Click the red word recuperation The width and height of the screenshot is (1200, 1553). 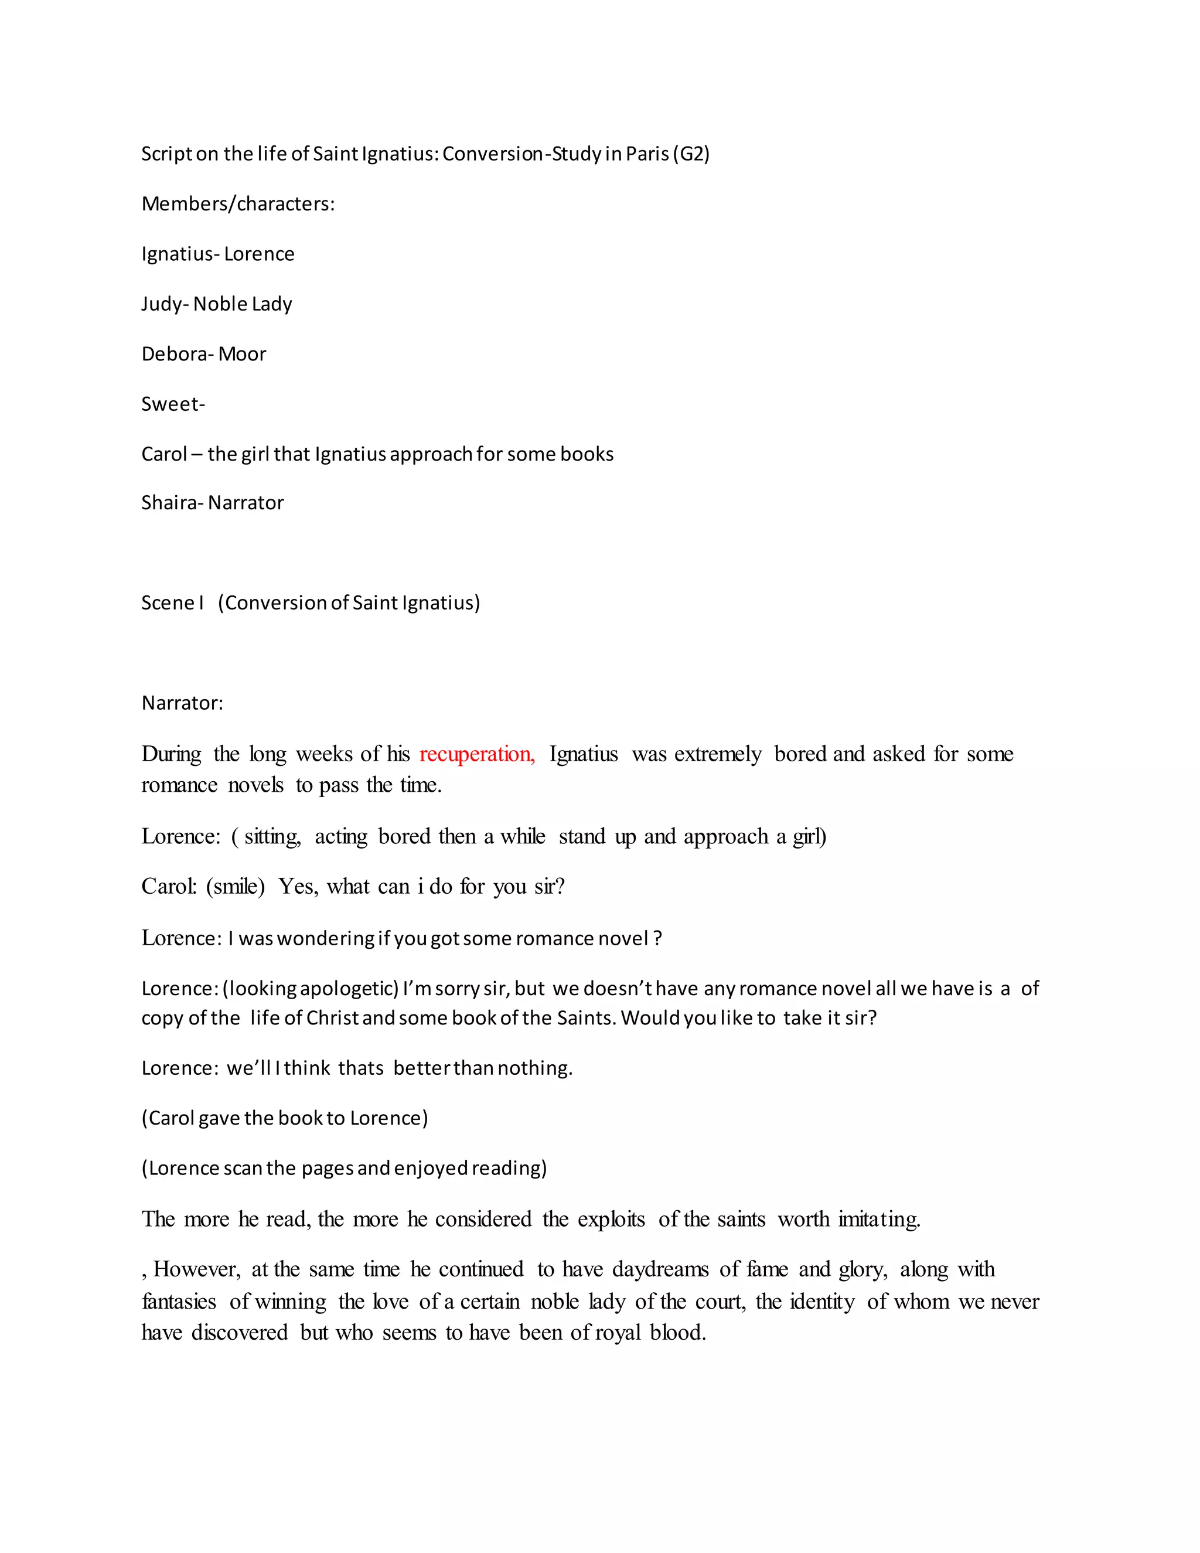tap(476, 754)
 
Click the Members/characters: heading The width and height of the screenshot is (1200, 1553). tap(238, 204)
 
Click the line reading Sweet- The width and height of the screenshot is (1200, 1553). tap(173, 404)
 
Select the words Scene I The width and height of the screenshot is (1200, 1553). tap(173, 603)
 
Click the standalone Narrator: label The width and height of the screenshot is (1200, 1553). tap(183, 703)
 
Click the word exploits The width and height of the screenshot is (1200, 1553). tap(611, 1220)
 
